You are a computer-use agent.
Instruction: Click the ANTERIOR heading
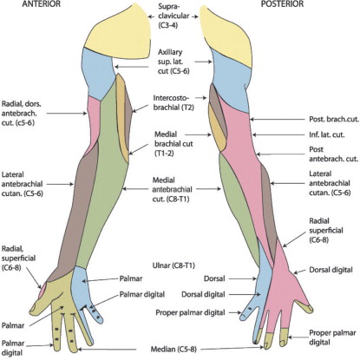[x=42, y=4]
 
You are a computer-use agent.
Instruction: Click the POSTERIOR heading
[x=282, y=4]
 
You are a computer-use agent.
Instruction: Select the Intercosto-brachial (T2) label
[x=173, y=102]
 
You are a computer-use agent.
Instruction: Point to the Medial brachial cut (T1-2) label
[x=173, y=144]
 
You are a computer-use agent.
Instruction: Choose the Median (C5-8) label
[x=173, y=350]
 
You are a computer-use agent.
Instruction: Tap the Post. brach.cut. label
[x=334, y=119]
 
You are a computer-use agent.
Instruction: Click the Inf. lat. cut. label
[x=327, y=134]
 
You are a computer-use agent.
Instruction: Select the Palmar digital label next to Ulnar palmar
[x=142, y=294]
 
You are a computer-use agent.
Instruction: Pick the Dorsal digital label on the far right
[x=331, y=270]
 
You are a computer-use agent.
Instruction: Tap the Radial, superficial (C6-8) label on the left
[x=18, y=259]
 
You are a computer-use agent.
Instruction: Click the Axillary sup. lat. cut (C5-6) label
[x=173, y=62]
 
